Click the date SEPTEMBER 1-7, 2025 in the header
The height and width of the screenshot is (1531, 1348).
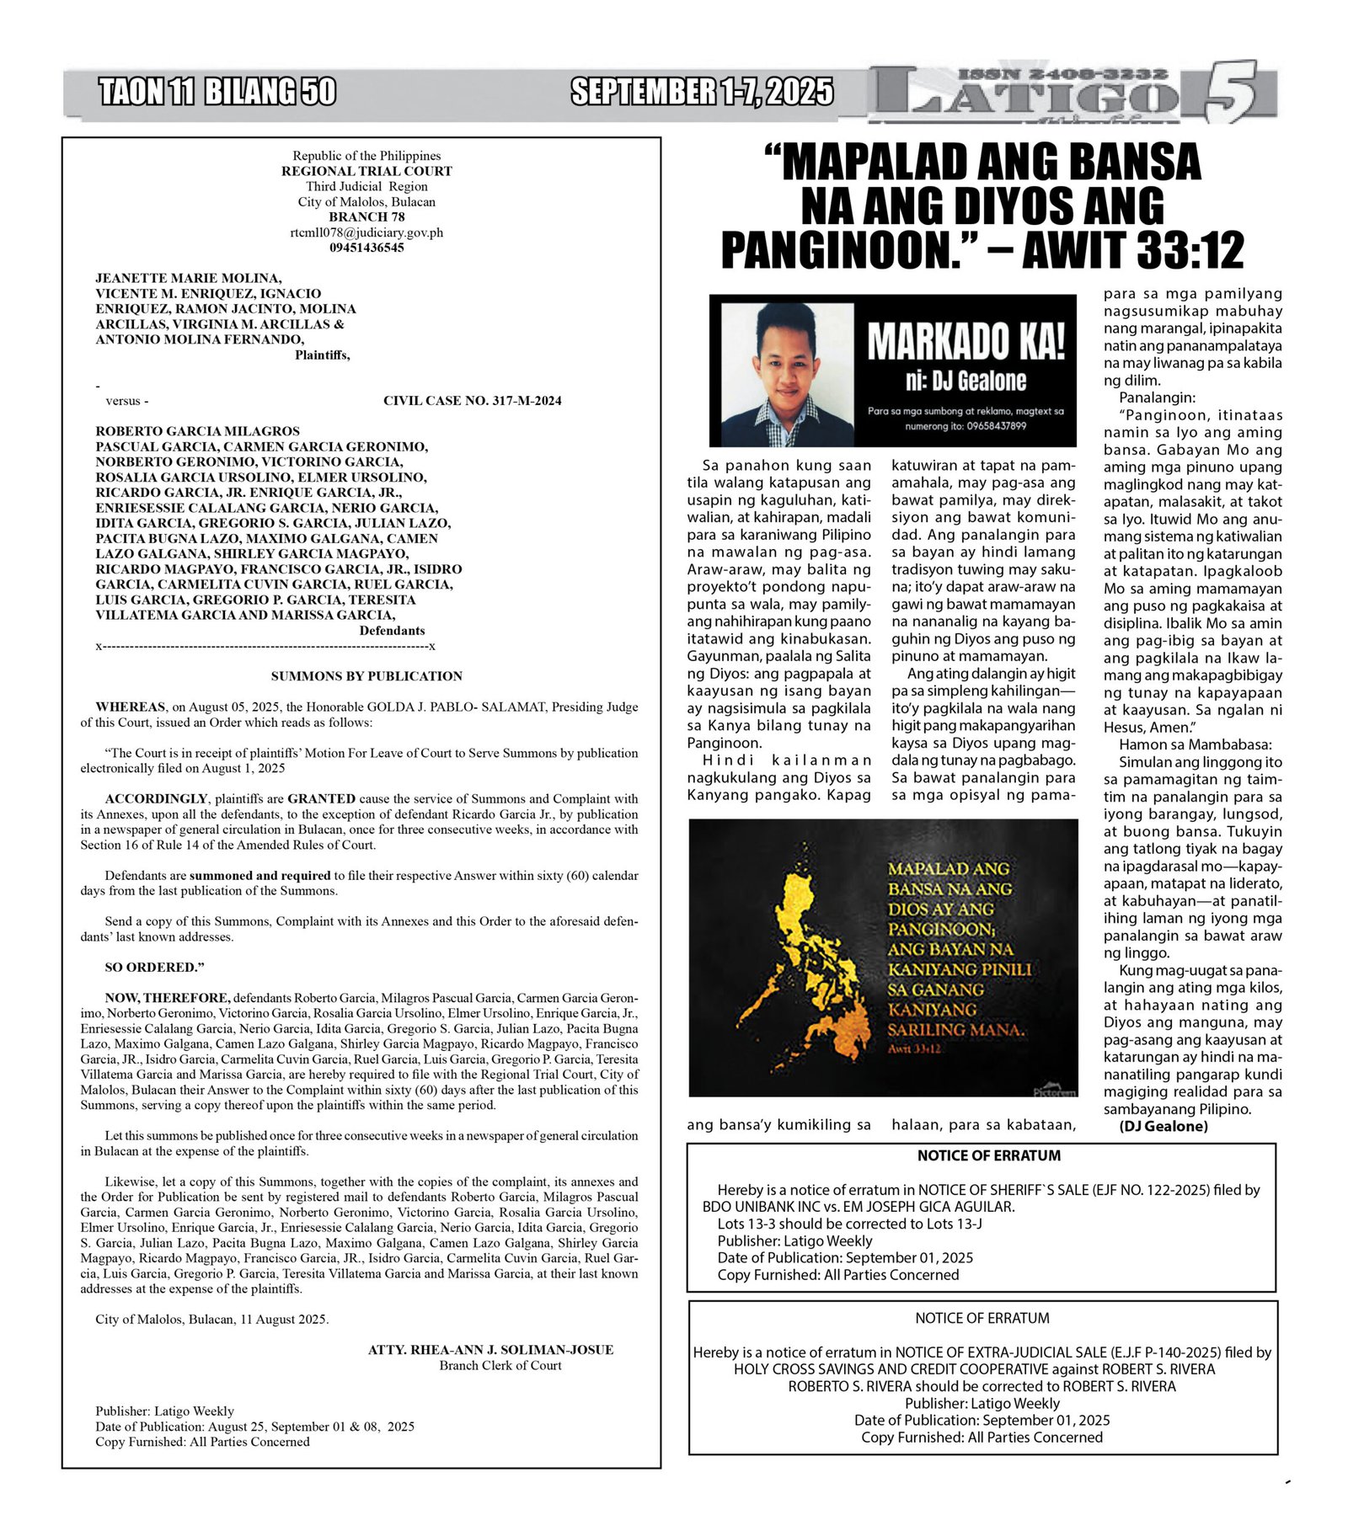pyautogui.click(x=702, y=92)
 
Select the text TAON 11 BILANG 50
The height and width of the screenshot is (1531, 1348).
pyautogui.click(x=217, y=92)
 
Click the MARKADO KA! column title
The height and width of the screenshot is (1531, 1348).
pyautogui.click(x=966, y=340)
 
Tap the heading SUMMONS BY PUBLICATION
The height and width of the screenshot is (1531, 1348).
pyautogui.click(x=366, y=675)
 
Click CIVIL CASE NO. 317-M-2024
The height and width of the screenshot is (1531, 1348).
pyautogui.click(x=472, y=401)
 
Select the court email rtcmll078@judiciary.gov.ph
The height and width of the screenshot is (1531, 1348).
pyautogui.click(x=366, y=232)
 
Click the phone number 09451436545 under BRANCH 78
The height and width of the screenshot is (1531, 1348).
pyautogui.click(x=366, y=248)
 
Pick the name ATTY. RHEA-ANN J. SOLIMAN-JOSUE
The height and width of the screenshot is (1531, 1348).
pyautogui.click(x=490, y=1349)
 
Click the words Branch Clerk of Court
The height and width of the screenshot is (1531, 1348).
pyautogui.click(x=500, y=1365)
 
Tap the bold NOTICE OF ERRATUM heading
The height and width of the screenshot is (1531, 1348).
pyautogui.click(x=988, y=1155)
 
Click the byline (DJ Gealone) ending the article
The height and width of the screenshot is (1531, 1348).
pyautogui.click(x=1163, y=1126)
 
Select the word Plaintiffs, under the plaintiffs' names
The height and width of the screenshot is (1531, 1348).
pyautogui.click(x=322, y=355)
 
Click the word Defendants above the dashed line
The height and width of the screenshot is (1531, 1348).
pyautogui.click(x=392, y=630)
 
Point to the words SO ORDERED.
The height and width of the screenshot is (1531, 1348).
pyautogui.click(x=154, y=967)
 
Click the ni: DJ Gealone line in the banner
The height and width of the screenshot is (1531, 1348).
pyautogui.click(x=966, y=381)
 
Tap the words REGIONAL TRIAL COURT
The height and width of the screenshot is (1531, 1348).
pyautogui.click(x=366, y=171)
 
